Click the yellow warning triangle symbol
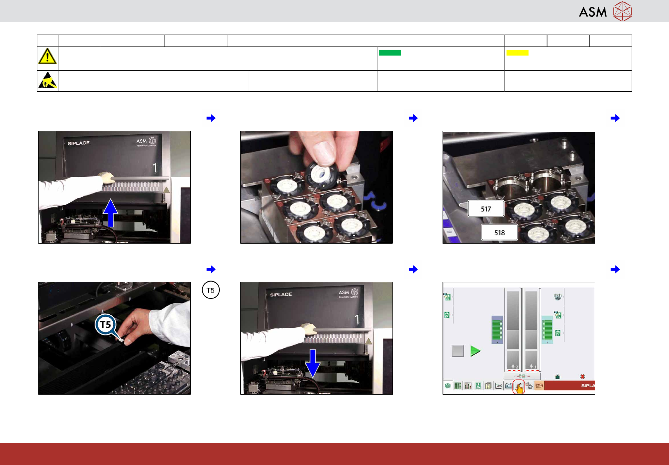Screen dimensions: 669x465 pyautogui.click(x=47, y=56)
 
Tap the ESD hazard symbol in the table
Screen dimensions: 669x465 pyautogui.click(x=47, y=80)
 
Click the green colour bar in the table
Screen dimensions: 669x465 pyautogui.click(x=390, y=53)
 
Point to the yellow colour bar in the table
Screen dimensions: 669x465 pyautogui.click(x=517, y=53)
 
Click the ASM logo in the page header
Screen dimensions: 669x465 pyautogui.click(x=605, y=12)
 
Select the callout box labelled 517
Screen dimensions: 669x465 pyautogui.click(x=485, y=209)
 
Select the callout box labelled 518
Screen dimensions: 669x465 pyautogui.click(x=499, y=232)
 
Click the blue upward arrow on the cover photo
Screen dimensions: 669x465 pyautogui.click(x=110, y=213)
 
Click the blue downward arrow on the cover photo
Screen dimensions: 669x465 pyautogui.click(x=313, y=363)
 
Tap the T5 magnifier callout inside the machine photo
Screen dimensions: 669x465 pyautogui.click(x=106, y=325)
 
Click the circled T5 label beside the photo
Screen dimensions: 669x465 pyautogui.click(x=211, y=290)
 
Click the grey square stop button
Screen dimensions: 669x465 pyautogui.click(x=458, y=351)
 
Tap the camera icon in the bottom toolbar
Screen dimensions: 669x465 pyautogui.click(x=509, y=386)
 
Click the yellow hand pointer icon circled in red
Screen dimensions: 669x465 pyautogui.click(x=519, y=387)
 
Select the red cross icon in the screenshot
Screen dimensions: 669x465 pyautogui.click(x=582, y=376)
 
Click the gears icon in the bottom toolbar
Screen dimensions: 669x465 pyautogui.click(x=529, y=386)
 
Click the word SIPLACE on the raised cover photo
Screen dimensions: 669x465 pyautogui.click(x=79, y=143)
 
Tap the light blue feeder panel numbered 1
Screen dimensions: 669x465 pyautogui.click(x=547, y=329)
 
